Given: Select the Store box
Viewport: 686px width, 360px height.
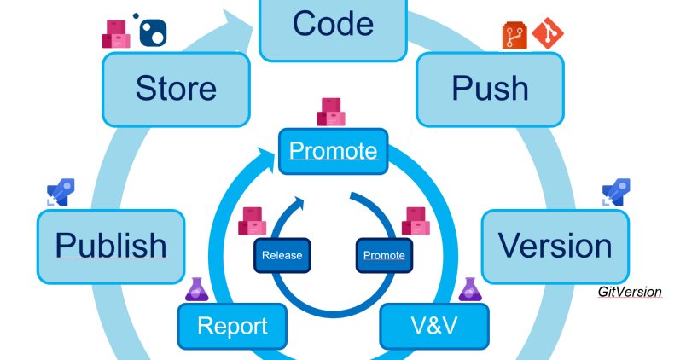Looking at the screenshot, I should pos(175,89).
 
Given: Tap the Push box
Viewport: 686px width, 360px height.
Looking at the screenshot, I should pos(490,89).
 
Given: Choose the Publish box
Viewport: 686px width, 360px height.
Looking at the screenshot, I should pos(111,246).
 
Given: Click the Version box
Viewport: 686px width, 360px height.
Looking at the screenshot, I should pos(555,246).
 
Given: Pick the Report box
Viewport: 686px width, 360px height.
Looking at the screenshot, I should pos(232,325).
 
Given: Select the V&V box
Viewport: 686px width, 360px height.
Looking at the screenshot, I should pos(434,325).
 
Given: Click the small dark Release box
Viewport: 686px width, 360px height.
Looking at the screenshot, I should pos(282,255).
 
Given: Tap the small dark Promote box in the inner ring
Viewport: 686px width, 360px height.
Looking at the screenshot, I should pos(384,255).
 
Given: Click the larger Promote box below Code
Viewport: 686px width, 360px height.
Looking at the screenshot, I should pos(333,151).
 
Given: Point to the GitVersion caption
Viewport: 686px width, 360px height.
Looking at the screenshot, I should pos(630,292).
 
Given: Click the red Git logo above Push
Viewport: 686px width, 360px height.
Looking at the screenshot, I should pos(548,33).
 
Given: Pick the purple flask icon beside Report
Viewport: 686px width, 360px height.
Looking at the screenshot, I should pos(197,289).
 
